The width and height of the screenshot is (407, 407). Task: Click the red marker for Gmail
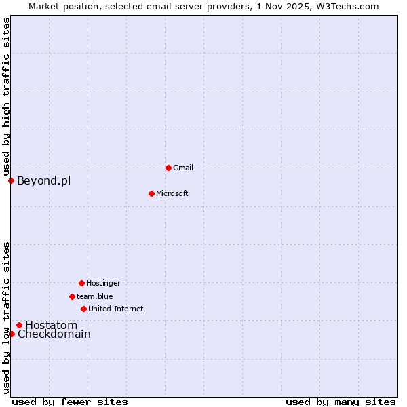coord(168,168)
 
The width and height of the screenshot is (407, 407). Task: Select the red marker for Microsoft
coord(151,193)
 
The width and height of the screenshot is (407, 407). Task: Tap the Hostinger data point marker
coord(81,283)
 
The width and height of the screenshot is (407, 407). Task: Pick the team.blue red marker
coord(72,296)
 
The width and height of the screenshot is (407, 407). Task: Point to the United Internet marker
coord(83,309)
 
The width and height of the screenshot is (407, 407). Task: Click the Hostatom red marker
coord(19,325)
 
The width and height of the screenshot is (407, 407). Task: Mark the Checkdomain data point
coord(12,334)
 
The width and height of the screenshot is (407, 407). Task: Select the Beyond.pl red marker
coord(11,180)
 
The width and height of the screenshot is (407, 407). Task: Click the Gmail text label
coord(183,168)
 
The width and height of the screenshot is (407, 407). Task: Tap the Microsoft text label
coord(172,193)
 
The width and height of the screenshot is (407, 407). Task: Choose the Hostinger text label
coord(103,283)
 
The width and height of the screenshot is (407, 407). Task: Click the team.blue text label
coord(95,296)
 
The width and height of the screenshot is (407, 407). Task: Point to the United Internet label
coord(116,309)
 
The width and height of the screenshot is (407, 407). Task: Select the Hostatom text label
coord(52,325)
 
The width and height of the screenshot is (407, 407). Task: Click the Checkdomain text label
coord(54,334)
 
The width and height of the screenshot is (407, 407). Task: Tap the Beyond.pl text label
coord(43,180)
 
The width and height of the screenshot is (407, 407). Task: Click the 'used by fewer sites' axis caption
coord(70,402)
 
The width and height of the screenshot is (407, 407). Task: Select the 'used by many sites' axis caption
coord(341,402)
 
